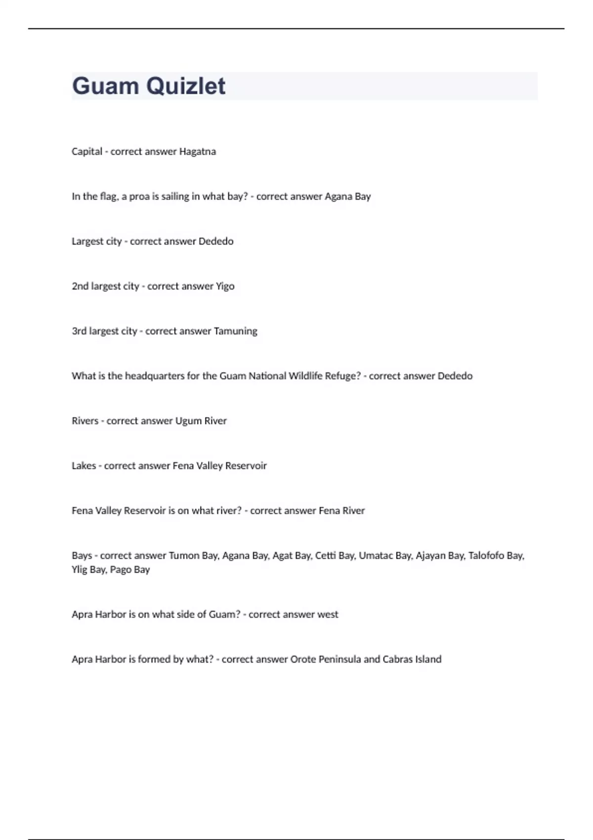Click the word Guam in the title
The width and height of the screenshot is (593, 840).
pos(105,86)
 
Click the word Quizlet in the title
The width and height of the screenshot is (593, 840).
pos(186,86)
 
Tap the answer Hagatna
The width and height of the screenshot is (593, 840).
pos(197,151)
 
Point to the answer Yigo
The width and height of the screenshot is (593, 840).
pos(225,286)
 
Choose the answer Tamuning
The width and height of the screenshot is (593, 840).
pos(235,331)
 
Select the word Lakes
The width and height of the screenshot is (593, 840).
pos(84,465)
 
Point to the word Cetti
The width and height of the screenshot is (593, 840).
pos(325,555)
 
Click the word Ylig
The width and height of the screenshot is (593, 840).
pos(79,570)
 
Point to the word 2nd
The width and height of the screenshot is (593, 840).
pos(80,286)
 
